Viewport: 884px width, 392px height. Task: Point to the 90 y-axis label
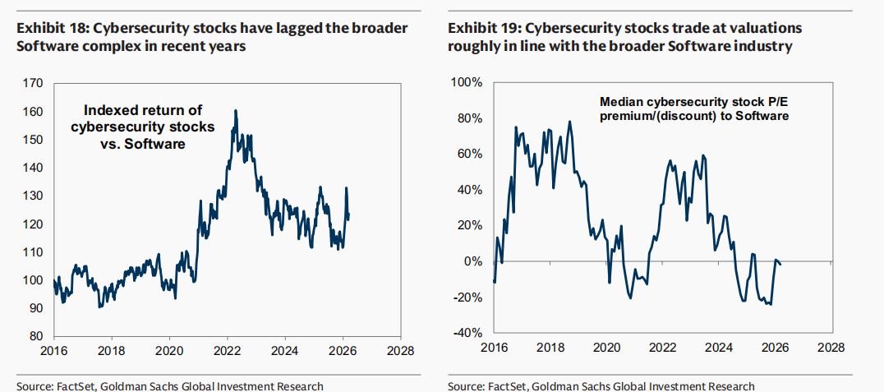(x=35, y=308)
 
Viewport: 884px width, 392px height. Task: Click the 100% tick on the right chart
(x=470, y=83)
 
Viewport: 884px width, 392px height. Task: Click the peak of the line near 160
(x=236, y=110)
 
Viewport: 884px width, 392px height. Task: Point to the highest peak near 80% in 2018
(x=570, y=122)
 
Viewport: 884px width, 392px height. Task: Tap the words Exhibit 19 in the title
(x=479, y=29)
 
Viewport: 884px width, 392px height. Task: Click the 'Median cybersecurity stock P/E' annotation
(x=694, y=102)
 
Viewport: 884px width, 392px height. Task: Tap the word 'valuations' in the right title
(x=763, y=29)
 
